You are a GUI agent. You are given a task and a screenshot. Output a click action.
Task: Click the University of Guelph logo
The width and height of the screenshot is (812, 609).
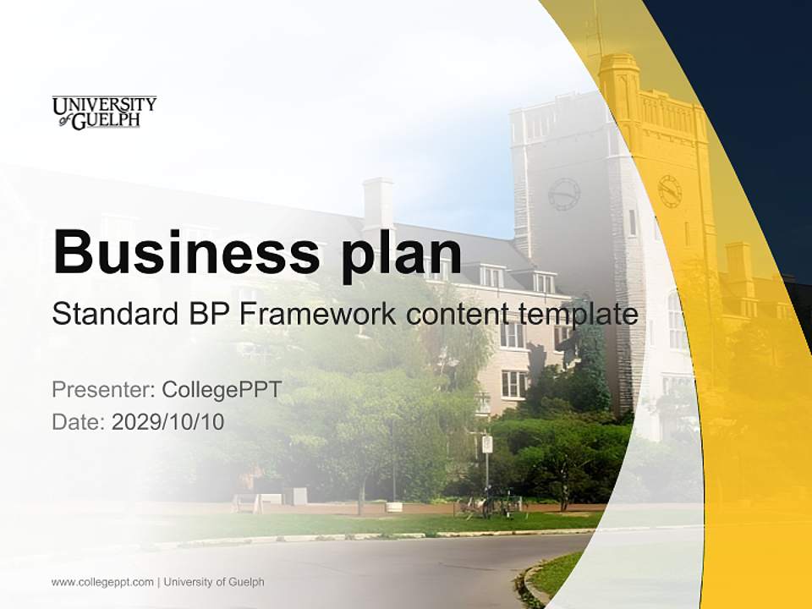[x=104, y=112]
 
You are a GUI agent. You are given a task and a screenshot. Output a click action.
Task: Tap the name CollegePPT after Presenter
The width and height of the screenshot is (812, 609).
[x=222, y=390]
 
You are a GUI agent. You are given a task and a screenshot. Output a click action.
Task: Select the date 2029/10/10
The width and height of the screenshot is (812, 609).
[x=168, y=421]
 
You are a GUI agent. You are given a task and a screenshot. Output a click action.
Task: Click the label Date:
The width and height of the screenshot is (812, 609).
[x=79, y=421]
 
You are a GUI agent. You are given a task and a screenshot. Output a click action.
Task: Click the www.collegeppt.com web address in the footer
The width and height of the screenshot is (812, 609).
[x=102, y=582]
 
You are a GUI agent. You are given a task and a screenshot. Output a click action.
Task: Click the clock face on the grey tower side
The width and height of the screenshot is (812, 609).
[x=563, y=195]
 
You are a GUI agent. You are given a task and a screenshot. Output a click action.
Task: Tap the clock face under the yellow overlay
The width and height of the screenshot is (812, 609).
[x=670, y=191]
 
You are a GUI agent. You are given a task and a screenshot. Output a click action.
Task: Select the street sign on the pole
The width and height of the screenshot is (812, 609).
[x=486, y=443]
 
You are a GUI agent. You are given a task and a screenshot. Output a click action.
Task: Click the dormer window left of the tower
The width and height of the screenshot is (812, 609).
[x=491, y=276]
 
